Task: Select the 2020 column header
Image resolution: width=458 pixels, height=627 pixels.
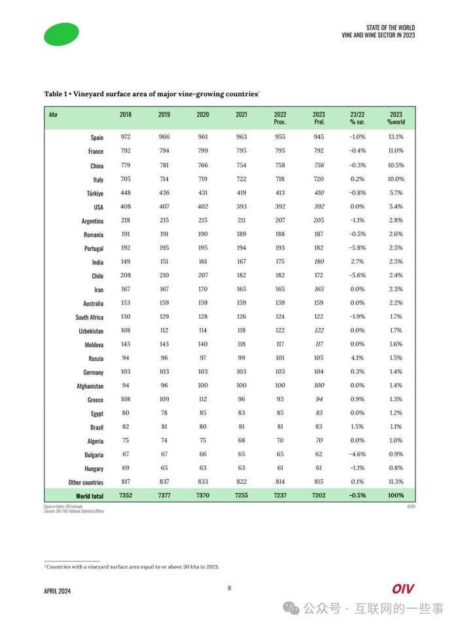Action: (203, 115)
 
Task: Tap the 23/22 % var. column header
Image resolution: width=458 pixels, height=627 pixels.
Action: (357, 118)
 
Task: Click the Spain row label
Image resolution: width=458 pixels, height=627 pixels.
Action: (97, 137)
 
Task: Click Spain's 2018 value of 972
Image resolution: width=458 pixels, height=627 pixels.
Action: (126, 137)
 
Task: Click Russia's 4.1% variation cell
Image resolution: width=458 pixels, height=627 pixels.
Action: (357, 358)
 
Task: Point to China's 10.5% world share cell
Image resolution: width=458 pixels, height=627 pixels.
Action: (395, 165)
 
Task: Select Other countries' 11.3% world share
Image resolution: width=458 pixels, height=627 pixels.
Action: (395, 482)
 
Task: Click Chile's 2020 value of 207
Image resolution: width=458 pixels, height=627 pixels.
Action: (203, 275)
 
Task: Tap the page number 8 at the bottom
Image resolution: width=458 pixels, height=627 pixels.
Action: (229, 588)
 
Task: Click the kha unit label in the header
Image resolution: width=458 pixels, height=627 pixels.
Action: (53, 115)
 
